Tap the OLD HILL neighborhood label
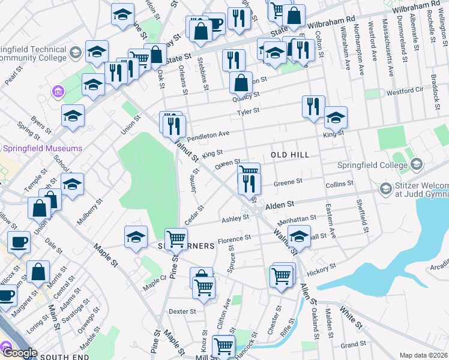click(x=290, y=155)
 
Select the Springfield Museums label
click(x=43, y=148)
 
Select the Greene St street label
click(x=288, y=181)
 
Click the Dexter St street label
click(x=182, y=311)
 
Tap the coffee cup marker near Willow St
click(x=19, y=242)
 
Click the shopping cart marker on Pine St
click(x=176, y=239)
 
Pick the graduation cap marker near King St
click(x=336, y=118)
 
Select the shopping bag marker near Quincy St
click(x=241, y=83)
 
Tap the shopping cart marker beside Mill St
click(x=224, y=346)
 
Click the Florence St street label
click(x=234, y=240)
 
